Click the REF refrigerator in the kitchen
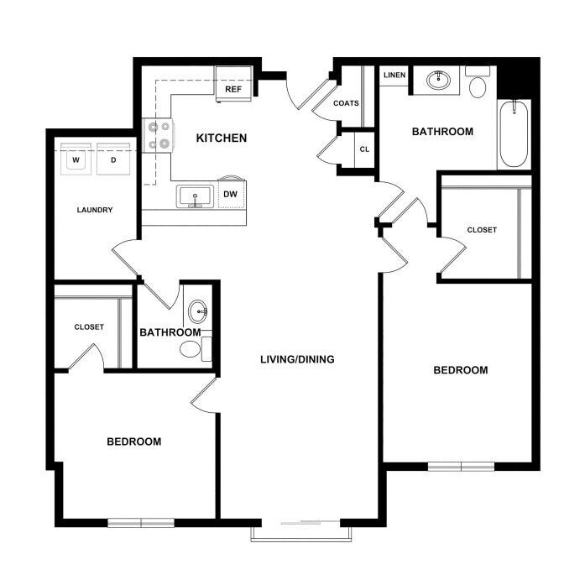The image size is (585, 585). tap(234, 84)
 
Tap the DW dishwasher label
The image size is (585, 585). tap(230, 194)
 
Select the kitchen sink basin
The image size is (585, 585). tap(195, 196)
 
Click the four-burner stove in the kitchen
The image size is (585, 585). tap(158, 135)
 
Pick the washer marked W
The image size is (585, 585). tap(76, 159)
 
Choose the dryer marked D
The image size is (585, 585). tap(113, 159)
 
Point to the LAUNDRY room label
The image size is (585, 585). tap(95, 210)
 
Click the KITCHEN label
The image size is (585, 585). tap(222, 138)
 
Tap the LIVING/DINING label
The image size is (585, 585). tap(297, 359)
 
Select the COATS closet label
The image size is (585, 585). tap(346, 103)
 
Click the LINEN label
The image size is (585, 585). tap(394, 75)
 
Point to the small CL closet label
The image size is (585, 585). tap(364, 149)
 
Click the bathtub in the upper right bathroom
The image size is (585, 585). tap(514, 134)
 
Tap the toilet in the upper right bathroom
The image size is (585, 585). tap(478, 83)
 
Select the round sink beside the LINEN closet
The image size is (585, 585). tap(438, 81)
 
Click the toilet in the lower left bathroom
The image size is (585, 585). tap(196, 349)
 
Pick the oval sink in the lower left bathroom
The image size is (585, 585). tap(198, 311)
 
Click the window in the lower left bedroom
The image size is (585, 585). tap(141, 523)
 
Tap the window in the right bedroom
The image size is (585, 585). tap(461, 467)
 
